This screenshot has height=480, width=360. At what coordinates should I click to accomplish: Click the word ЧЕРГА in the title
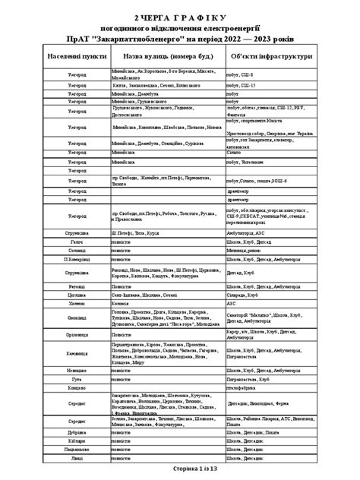click(163, 16)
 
